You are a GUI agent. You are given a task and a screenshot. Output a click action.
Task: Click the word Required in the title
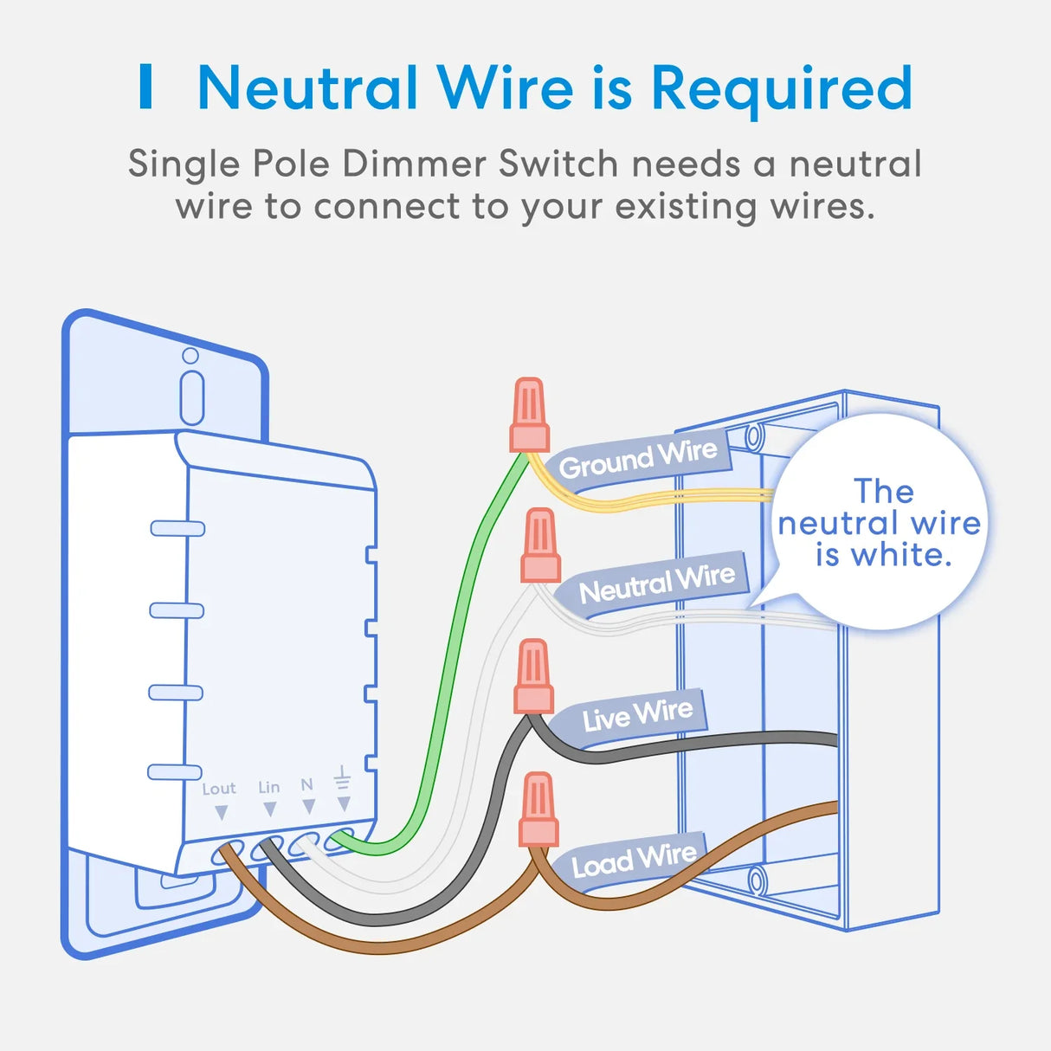tap(782, 89)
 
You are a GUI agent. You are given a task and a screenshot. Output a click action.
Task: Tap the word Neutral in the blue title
tap(307, 89)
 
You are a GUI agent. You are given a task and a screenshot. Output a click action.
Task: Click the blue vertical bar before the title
tap(146, 87)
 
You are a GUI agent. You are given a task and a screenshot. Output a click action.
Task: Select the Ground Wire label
tap(638, 459)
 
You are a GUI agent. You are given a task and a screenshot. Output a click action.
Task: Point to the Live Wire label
tap(637, 715)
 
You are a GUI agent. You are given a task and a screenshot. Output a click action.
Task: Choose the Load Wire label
tap(634, 859)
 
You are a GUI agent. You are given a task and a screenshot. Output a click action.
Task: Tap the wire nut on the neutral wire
tap(540, 545)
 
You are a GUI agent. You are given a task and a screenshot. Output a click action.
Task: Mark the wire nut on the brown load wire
tap(538, 809)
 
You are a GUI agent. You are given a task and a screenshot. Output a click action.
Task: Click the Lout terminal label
tap(218, 789)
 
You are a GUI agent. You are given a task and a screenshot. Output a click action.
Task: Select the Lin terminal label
tap(269, 787)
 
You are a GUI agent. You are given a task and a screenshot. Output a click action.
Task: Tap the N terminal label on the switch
tap(306, 784)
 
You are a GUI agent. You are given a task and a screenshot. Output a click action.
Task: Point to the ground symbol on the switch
tap(343, 777)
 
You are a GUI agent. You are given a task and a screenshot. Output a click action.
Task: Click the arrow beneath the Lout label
tap(222, 813)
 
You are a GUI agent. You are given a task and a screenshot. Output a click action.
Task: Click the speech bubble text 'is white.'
tap(883, 555)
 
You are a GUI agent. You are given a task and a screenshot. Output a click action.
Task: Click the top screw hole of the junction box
tap(754, 435)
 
